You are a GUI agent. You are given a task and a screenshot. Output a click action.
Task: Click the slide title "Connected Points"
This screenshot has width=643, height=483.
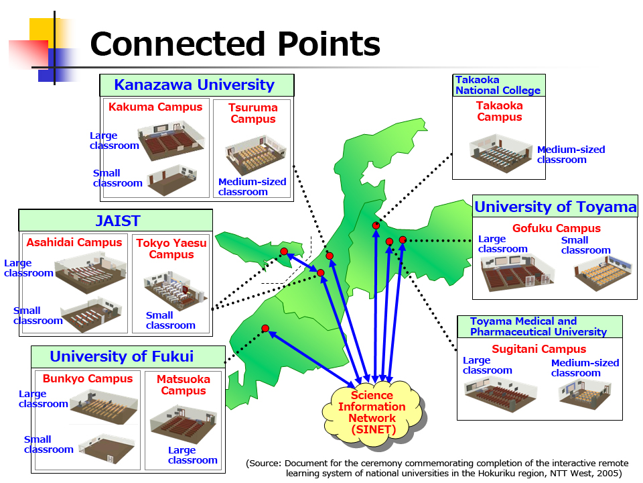tap(235, 44)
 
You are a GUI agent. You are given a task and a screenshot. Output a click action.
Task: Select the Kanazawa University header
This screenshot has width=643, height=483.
tap(197, 85)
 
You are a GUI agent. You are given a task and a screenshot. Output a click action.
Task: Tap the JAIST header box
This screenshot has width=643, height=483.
tap(116, 221)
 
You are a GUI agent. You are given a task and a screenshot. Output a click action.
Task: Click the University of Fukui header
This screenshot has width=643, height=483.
tap(129, 356)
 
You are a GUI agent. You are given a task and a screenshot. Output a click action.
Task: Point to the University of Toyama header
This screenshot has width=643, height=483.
tap(555, 207)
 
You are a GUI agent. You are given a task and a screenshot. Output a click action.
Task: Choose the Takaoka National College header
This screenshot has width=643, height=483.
tap(498, 85)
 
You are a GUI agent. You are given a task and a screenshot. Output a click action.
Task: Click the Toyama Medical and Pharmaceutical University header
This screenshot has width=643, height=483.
tap(540, 327)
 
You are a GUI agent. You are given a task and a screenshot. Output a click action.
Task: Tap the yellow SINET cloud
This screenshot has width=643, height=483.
tap(372, 413)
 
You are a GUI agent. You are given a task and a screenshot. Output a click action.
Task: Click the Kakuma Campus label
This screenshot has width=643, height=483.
tap(155, 107)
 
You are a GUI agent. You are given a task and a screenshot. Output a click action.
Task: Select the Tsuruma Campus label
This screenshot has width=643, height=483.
tap(253, 113)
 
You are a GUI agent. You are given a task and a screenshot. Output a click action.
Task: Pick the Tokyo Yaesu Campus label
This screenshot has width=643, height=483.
tap(171, 249)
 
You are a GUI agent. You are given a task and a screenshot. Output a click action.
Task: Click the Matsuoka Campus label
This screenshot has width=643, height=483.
tap(184, 385)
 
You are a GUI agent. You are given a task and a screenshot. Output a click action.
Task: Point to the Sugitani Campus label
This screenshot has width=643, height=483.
tap(539, 349)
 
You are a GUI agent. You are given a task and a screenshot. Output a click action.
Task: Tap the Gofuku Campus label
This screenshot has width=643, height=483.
tap(557, 228)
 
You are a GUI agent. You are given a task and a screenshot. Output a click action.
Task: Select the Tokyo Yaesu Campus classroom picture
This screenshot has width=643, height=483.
tap(175, 290)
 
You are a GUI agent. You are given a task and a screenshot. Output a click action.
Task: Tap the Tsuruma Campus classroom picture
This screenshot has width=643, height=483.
tap(255, 155)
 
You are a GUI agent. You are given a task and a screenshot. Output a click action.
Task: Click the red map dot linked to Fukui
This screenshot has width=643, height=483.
tap(265, 328)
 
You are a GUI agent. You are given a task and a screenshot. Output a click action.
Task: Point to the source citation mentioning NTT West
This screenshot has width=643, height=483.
tap(437, 468)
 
